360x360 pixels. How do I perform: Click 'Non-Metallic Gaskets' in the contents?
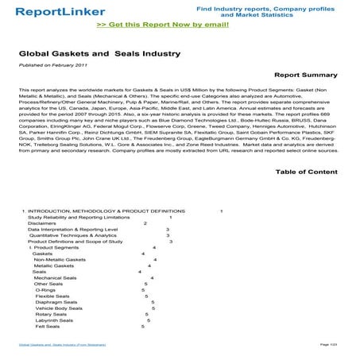click(x=59, y=259)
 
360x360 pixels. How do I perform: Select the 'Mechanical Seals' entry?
click(x=55, y=277)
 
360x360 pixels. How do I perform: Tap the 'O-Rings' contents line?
click(x=45, y=291)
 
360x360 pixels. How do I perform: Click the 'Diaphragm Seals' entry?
click(x=56, y=304)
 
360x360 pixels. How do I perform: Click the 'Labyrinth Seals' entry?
click(x=54, y=325)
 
